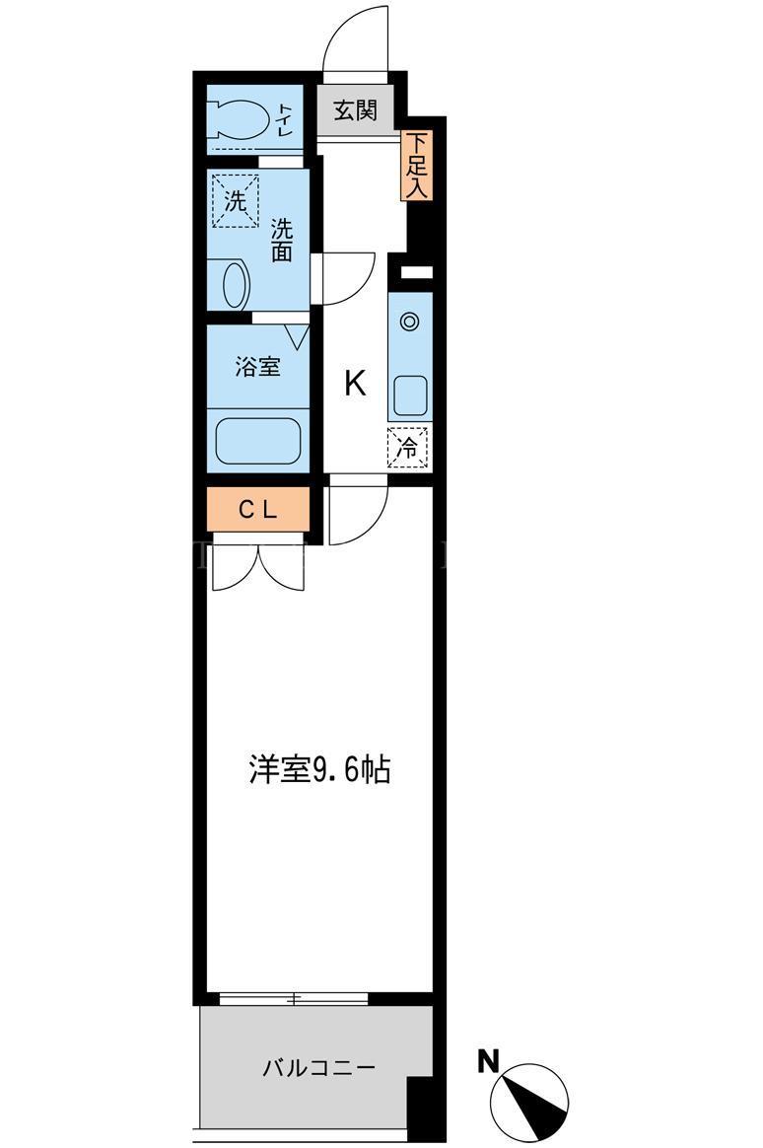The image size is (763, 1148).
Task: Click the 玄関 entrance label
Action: (x=356, y=110)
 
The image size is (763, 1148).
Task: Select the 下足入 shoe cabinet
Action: (x=416, y=166)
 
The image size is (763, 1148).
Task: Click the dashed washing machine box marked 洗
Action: (x=235, y=200)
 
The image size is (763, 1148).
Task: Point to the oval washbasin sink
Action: (x=235, y=285)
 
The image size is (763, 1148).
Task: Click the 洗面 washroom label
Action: (x=282, y=240)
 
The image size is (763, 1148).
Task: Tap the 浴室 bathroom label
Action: (x=257, y=367)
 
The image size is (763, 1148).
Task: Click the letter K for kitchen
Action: (x=356, y=383)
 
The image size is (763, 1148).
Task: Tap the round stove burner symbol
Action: (x=410, y=321)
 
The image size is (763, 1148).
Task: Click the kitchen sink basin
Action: (x=410, y=396)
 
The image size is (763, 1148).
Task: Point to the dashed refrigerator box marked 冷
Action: (x=408, y=448)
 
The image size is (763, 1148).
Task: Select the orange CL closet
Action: (x=258, y=510)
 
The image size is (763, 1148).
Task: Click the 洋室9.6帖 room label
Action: (x=319, y=769)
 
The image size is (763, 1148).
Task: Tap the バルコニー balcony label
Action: (x=319, y=1068)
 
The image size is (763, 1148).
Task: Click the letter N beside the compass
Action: (x=488, y=1061)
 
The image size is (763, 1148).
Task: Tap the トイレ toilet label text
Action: (x=285, y=119)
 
